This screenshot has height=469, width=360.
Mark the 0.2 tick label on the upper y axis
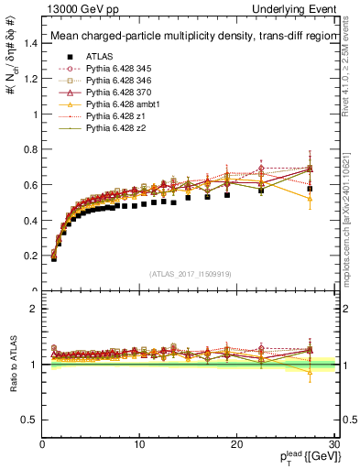[x=31, y=256]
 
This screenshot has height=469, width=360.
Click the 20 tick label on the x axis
[x=236, y=445]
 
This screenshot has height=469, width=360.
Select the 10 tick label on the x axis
[x=139, y=445]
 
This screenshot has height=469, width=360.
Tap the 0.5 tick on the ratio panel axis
[x=31, y=420]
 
